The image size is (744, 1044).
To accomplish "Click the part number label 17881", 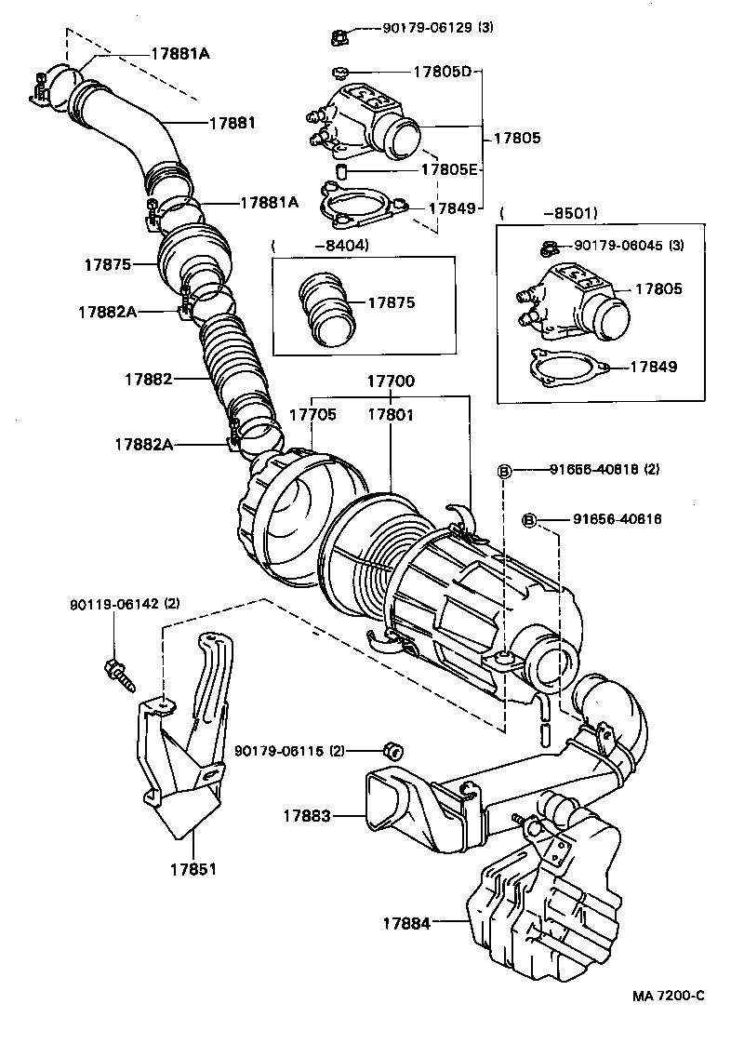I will pos(232,122).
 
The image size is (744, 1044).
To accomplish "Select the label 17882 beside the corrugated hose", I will pos(149,379).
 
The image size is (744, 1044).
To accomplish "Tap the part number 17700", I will pos(391,381).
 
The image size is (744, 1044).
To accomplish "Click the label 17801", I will pos(390,414).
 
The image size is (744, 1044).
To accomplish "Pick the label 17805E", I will pos(449,169).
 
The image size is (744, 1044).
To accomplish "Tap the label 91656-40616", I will pos(617,519).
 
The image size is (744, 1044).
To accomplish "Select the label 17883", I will pos(307,816).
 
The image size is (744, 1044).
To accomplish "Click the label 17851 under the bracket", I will pos(193,870).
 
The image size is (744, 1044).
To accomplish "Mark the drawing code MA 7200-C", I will pos(670,996).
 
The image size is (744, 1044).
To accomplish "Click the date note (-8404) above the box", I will pos(321,246).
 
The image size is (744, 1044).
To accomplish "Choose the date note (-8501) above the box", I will pos(549,213).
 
